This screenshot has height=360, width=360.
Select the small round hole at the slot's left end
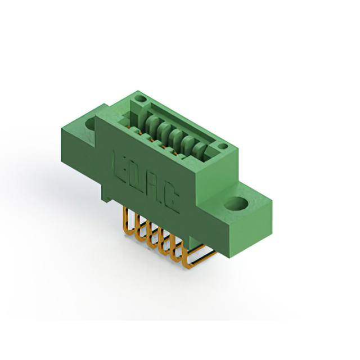[140, 99]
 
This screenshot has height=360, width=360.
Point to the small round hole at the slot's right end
[223, 146]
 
